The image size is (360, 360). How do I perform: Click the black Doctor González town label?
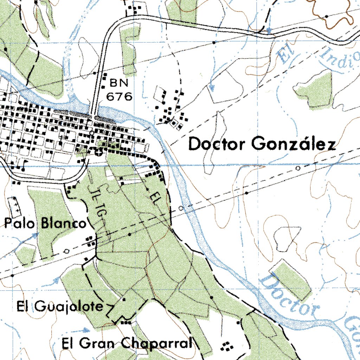tap(262, 144)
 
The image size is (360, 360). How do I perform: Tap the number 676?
tap(119, 97)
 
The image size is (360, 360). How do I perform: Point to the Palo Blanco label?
tap(45, 223)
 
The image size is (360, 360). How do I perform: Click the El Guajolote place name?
tap(60, 307)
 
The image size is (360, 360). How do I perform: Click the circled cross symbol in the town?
tap(99, 152)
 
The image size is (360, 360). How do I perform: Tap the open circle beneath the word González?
tap(298, 168)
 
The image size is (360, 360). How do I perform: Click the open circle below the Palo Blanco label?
tap(67, 251)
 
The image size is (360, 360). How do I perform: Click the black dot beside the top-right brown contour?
tap(327, 16)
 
